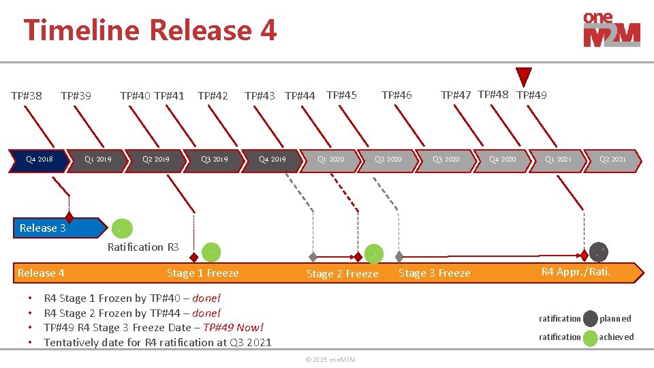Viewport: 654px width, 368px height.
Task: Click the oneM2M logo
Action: [611, 31]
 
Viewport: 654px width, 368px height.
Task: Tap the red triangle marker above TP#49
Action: [523, 76]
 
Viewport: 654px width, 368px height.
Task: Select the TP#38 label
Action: [27, 95]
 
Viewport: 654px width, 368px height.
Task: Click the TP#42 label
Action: [213, 95]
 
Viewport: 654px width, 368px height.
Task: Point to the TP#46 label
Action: [396, 95]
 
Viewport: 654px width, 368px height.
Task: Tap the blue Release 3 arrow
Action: [58, 228]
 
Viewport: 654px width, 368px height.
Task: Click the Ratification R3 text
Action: [143, 247]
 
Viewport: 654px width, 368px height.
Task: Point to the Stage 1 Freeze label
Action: [203, 273]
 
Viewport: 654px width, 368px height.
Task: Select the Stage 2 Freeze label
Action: [342, 274]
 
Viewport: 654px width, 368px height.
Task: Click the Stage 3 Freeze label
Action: [435, 273]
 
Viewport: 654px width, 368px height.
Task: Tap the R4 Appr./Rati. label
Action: [576, 272]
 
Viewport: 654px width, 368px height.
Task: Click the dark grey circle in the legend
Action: [590, 318]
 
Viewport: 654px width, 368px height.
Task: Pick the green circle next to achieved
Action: [590, 337]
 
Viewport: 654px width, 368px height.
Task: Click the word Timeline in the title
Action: [82, 31]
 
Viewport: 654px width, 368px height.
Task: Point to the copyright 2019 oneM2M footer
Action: [330, 359]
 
